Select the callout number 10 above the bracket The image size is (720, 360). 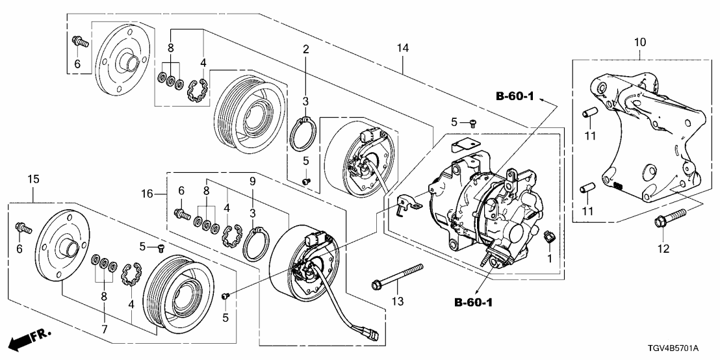pyautogui.click(x=639, y=42)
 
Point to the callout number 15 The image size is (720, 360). pyautogui.click(x=34, y=179)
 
